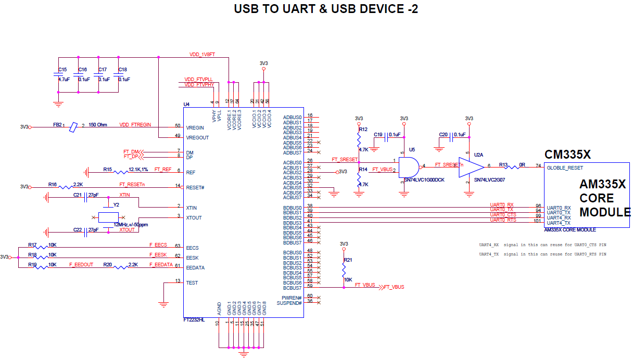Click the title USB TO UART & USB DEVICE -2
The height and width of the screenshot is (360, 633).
325,9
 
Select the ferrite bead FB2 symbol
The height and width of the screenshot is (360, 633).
73,126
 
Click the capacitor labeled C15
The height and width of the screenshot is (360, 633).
58,75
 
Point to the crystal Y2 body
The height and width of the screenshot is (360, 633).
108,217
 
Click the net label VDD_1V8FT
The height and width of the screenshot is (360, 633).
202,55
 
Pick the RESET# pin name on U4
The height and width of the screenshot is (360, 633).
194,186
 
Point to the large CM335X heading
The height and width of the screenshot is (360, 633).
567,155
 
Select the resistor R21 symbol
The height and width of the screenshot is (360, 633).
344,269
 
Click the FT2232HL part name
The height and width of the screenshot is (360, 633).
194,321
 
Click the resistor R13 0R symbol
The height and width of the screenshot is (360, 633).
515,166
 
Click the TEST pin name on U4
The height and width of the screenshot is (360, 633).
191,282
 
